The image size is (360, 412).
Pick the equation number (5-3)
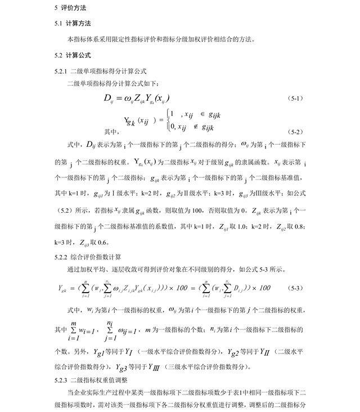[296, 288]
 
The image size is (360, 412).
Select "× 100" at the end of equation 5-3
[259, 288]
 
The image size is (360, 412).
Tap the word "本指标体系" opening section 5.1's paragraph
[80, 39]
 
